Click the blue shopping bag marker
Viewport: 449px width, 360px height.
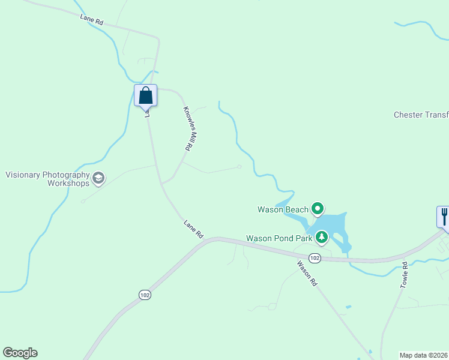pyautogui.click(x=145, y=95)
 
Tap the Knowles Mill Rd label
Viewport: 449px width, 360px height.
pyautogui.click(x=188, y=128)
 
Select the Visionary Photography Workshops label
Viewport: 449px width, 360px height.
pyautogui.click(x=47, y=179)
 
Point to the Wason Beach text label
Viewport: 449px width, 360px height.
pyautogui.click(x=283, y=209)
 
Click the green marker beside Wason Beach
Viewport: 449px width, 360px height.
pyautogui.click(x=317, y=209)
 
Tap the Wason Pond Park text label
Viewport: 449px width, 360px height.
pyautogui.click(x=279, y=238)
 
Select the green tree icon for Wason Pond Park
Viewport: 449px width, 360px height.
pyautogui.click(x=322, y=238)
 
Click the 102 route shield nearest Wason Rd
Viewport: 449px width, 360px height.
pyautogui.click(x=315, y=258)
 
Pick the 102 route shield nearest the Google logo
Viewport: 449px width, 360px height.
pyautogui.click(x=144, y=295)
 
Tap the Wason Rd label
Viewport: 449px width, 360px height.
pyautogui.click(x=306, y=272)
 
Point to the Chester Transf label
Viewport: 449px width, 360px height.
pyautogui.click(x=421, y=115)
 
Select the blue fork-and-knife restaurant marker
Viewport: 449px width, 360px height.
pyautogui.click(x=444, y=216)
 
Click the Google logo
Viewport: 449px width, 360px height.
pyautogui.click(x=20, y=353)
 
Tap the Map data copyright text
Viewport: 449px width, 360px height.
pyautogui.click(x=424, y=355)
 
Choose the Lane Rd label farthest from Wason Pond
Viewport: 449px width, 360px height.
pyautogui.click(x=92, y=20)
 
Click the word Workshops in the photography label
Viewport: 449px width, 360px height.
pyautogui.click(x=68, y=183)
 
